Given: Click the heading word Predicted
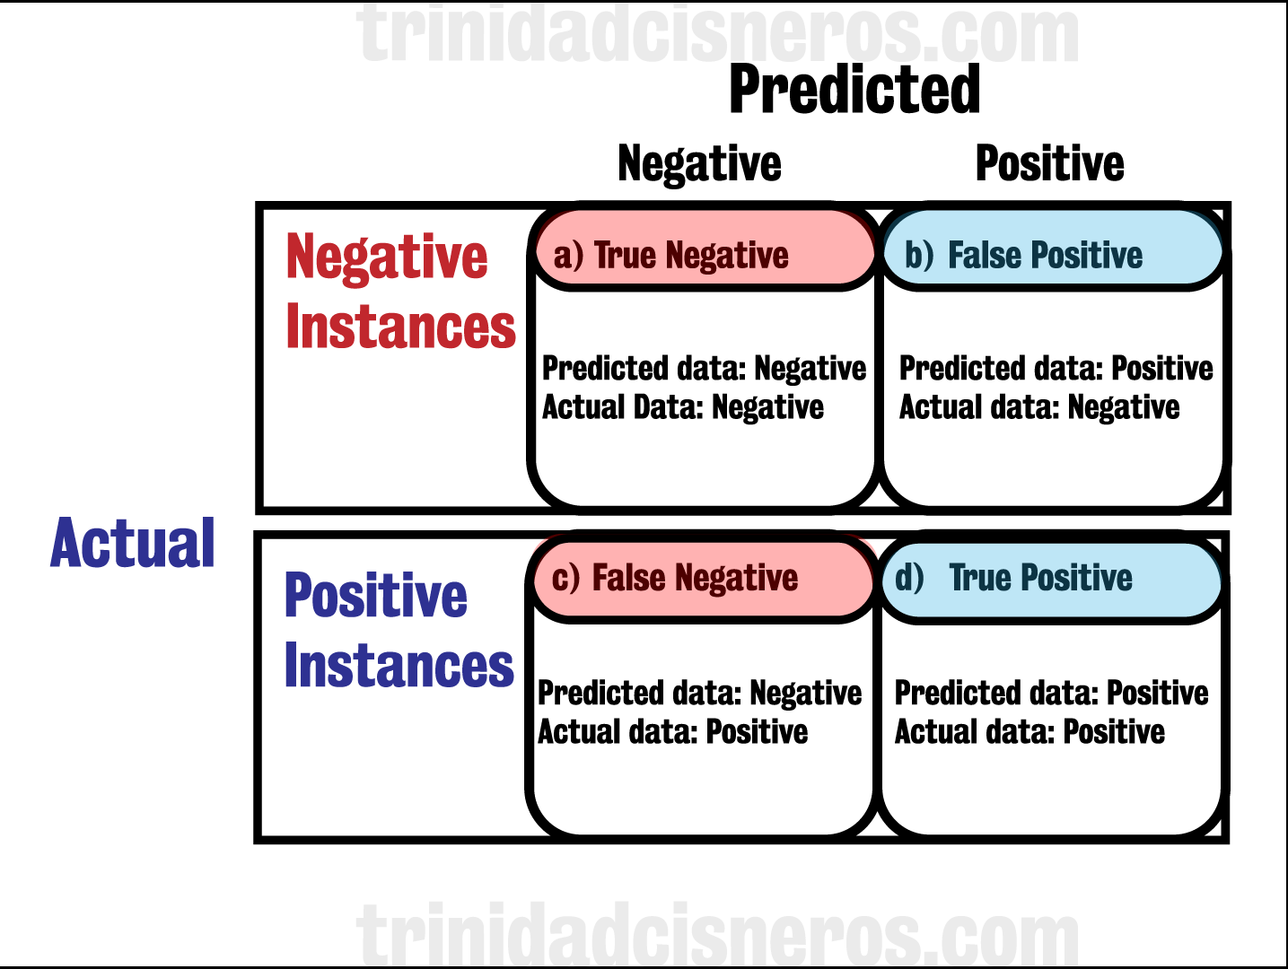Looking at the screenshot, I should [x=854, y=90].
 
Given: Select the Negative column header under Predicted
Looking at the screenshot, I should [x=699, y=164].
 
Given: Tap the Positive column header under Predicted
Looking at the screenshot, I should [x=1049, y=164].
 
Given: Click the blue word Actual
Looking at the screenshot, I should [x=133, y=544].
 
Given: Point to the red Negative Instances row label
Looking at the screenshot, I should [x=399, y=292].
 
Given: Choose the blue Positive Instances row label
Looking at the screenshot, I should [x=398, y=631].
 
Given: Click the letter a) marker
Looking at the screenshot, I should [x=568, y=257].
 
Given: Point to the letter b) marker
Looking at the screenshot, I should [x=919, y=257].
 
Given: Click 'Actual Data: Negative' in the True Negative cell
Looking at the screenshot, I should [x=682, y=407].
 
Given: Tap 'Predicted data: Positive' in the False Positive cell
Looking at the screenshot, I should [x=1056, y=368].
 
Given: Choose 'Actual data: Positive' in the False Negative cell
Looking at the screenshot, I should [x=672, y=732].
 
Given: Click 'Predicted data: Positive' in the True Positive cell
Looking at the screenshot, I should [x=1051, y=693].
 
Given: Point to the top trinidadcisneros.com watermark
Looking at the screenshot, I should [x=718, y=34].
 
